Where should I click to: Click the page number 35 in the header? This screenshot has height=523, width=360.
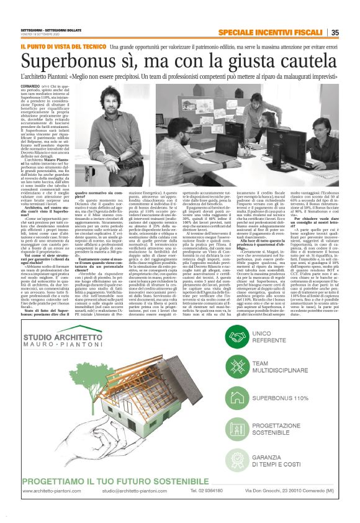tap(335, 33)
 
